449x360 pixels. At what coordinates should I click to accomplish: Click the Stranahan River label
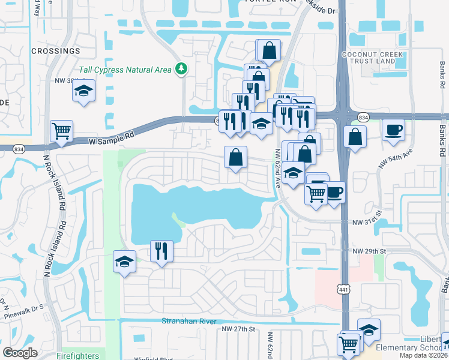pos(188,322)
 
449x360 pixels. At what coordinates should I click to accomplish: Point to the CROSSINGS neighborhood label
pos(55,51)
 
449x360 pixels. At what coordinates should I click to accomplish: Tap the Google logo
pos(20,352)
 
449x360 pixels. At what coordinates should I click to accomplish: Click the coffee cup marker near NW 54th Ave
pos(393,130)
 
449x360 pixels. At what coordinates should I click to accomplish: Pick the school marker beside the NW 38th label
pos(84,91)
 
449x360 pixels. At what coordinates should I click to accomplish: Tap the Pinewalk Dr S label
pos(26,308)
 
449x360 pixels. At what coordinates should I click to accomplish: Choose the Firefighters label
pos(77,356)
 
